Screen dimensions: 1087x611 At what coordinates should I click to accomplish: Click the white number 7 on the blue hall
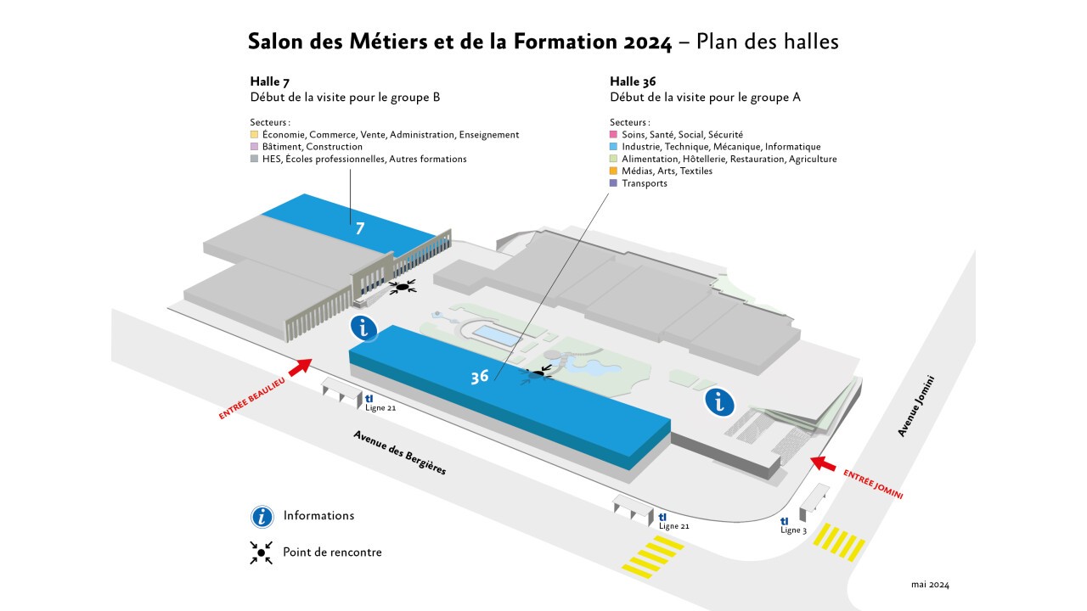point(359,228)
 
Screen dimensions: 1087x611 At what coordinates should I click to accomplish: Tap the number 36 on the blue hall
point(480,377)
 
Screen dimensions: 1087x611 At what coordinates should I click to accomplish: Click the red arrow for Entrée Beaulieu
point(301,367)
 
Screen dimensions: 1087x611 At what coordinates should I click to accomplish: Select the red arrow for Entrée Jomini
point(823,463)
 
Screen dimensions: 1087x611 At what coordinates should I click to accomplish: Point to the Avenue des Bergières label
point(399,452)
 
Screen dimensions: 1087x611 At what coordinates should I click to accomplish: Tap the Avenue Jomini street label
point(915,406)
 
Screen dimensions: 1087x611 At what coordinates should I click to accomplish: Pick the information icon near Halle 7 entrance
point(364,328)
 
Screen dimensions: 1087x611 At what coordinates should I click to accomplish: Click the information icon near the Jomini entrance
point(719,402)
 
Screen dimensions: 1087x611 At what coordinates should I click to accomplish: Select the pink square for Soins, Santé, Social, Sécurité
point(613,134)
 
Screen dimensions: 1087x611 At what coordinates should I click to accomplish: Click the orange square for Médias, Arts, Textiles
point(613,171)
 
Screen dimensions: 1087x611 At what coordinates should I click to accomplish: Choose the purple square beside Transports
point(613,182)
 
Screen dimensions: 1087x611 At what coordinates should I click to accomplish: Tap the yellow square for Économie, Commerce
point(254,134)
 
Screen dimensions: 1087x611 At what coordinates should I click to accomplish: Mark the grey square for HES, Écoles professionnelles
point(254,159)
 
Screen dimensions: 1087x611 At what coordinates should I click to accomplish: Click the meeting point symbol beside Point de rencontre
point(261,552)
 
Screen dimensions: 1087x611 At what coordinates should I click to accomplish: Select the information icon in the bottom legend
point(262,517)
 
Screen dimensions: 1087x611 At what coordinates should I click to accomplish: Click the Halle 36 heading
point(633,81)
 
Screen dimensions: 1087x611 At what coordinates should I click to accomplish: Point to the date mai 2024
point(930,585)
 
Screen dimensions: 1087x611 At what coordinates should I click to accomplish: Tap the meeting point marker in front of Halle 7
point(403,287)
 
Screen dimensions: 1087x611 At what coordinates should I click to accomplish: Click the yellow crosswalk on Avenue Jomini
point(839,541)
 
